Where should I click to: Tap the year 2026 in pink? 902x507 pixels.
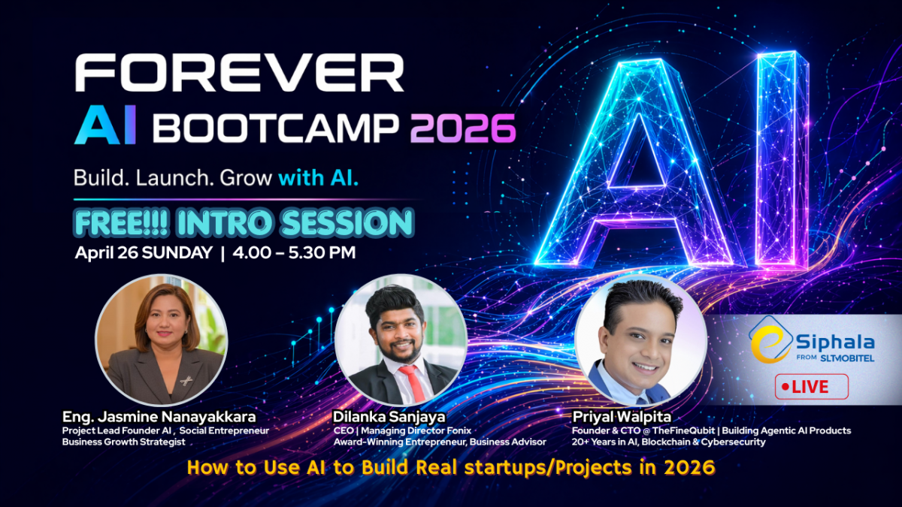pos(463,128)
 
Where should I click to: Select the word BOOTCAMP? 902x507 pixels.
pos(278,129)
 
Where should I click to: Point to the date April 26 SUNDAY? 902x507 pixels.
pos(143,253)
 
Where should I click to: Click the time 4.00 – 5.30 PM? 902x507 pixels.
pos(294,253)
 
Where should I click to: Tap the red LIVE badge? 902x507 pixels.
pos(811,387)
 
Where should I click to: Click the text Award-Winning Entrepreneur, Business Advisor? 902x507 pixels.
pos(440,442)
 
